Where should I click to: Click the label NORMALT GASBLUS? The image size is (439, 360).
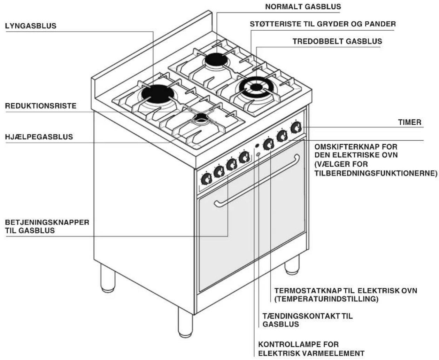tap(303, 7)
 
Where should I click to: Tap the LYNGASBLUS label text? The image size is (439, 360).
tap(31, 26)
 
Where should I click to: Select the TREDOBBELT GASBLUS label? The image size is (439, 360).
tap(337, 41)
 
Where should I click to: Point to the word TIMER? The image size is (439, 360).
tap(410, 122)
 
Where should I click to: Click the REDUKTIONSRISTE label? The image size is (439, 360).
tap(41, 106)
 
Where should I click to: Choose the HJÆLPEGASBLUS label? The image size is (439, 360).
tap(39, 137)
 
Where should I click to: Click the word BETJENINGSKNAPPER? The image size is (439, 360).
tap(47, 222)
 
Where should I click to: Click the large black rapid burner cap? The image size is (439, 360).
tap(157, 94)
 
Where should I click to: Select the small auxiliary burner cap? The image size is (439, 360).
tap(200, 117)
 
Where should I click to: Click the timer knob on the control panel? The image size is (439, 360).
tap(295, 127)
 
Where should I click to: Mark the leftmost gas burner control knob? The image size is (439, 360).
tap(206, 179)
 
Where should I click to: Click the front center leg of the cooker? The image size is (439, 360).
tap(185, 322)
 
